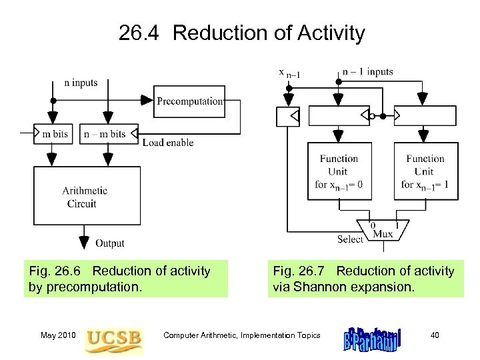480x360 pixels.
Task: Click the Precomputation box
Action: [189, 101]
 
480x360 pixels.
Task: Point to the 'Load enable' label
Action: [168, 143]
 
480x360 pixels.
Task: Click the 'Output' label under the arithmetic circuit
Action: [109, 243]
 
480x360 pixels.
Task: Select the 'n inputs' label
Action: [81, 83]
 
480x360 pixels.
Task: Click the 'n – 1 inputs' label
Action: [367, 72]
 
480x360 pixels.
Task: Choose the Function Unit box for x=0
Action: [339, 171]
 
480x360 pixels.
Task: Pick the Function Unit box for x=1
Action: [425, 171]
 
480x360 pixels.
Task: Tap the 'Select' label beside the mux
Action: [350, 239]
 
